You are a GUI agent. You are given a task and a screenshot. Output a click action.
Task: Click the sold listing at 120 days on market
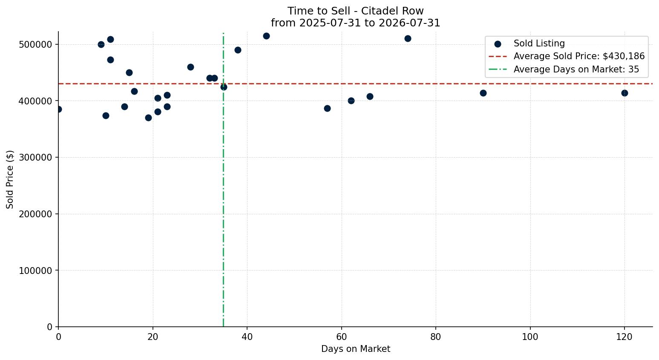pyautogui.click(x=624, y=93)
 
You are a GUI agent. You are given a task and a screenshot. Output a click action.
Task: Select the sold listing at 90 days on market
pyautogui.click(x=483, y=93)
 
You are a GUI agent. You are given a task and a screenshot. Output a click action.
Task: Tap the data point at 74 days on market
pyautogui.click(x=408, y=38)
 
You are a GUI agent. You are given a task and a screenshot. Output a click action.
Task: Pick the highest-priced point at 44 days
pyautogui.click(x=266, y=36)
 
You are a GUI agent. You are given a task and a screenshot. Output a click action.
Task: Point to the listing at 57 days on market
pyautogui.click(x=327, y=109)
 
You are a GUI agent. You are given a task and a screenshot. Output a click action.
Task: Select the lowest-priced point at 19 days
pyautogui.click(x=148, y=118)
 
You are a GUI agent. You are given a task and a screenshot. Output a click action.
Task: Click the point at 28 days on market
pyautogui.click(x=191, y=67)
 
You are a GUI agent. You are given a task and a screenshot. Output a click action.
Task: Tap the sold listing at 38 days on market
pyautogui.click(x=238, y=50)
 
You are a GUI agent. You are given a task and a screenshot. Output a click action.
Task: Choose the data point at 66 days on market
pyautogui.click(x=370, y=96)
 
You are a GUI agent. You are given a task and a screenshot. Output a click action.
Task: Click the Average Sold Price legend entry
pyautogui.click(x=567, y=56)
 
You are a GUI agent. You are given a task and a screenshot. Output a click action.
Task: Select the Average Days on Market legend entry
pyautogui.click(x=564, y=69)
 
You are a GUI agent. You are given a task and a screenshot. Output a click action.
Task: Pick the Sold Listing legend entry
pyautogui.click(x=530, y=43)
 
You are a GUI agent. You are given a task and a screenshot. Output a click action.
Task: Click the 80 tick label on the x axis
pyautogui.click(x=436, y=337)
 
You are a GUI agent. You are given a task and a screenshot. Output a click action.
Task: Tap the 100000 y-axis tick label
pyautogui.click(x=35, y=271)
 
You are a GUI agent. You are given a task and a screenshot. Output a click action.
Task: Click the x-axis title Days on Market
pyautogui.click(x=356, y=349)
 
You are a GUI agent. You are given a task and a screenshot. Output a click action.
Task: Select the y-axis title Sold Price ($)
pyautogui.click(x=10, y=180)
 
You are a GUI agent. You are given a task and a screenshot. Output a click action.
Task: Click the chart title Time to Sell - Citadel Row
pyautogui.click(x=355, y=11)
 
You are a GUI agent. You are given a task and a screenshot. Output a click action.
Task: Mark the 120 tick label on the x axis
pyautogui.click(x=624, y=337)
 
